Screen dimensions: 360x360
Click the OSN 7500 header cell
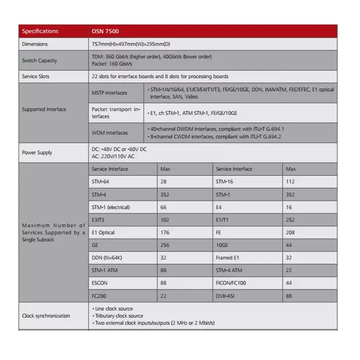[x=105, y=31]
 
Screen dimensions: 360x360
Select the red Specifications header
[x=40, y=31]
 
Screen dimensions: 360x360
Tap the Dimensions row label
[x=35, y=44]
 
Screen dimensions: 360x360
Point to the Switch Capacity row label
[x=39, y=60]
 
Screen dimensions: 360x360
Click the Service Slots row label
[x=36, y=76]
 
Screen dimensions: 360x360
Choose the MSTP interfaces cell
[x=110, y=93]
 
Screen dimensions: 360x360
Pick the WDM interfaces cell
[x=110, y=133]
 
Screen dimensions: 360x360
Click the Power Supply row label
[x=37, y=153]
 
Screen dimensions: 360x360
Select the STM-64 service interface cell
[x=100, y=181]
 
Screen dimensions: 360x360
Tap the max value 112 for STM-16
[x=290, y=181]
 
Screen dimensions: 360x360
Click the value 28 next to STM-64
[x=164, y=181]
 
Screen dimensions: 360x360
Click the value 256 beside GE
[x=165, y=244]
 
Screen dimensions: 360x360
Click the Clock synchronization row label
[x=46, y=316]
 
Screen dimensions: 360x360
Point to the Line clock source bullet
[x=113, y=309]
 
